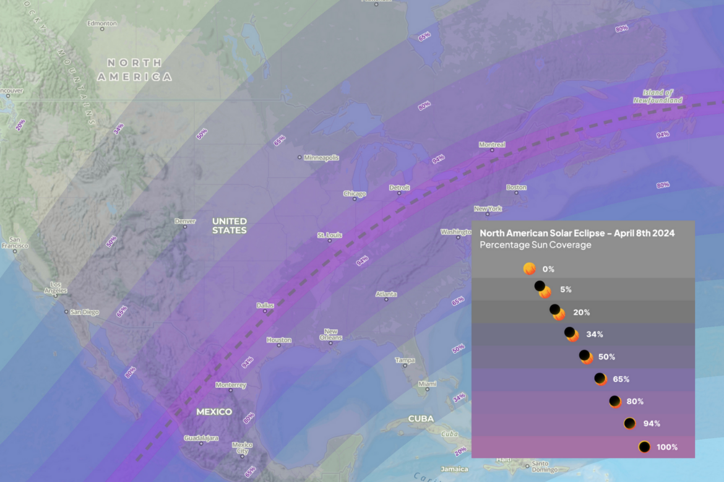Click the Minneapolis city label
point(321,158)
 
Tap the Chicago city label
point(355,194)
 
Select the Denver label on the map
point(185,221)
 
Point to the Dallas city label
point(265,305)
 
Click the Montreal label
point(492,145)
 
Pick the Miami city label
point(427,384)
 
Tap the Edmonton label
point(102,24)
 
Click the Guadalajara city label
point(201,438)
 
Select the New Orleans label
point(330,334)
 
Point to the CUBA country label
point(421,419)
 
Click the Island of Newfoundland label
point(658,96)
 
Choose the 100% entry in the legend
point(666,447)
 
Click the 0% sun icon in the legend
point(529,269)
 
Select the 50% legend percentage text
point(606,357)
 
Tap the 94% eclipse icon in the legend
point(629,424)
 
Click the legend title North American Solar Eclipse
point(577,233)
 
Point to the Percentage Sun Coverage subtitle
point(535,245)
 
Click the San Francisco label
point(14,243)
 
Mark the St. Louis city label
point(329,235)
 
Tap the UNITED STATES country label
point(229,225)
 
